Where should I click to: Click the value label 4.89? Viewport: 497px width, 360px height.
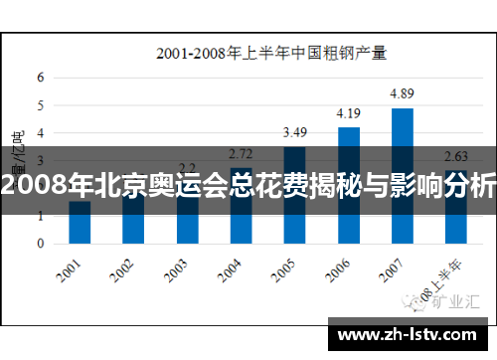click(403, 93)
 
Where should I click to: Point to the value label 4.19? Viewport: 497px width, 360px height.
click(348, 113)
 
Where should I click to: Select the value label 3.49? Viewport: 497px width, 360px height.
click(294, 132)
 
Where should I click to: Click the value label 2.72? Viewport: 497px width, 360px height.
click(241, 153)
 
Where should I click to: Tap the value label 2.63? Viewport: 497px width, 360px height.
click(455, 156)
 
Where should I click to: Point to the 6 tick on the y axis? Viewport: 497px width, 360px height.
click(41, 77)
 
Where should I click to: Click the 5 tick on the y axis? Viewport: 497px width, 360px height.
click(41, 104)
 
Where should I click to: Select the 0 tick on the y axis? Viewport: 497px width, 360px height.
click(41, 243)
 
